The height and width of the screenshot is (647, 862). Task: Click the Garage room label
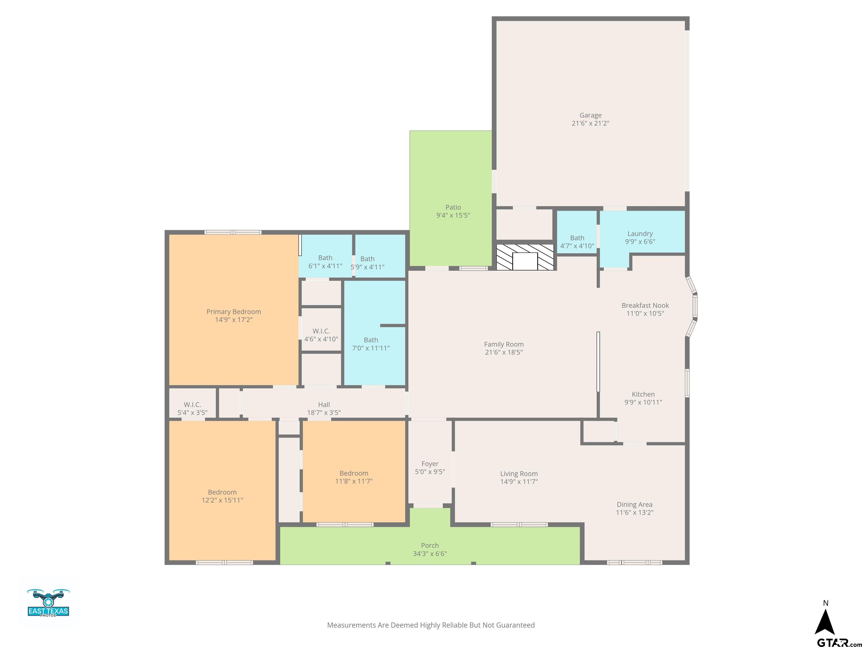[x=590, y=115]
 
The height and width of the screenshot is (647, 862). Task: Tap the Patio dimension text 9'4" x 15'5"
[x=453, y=215]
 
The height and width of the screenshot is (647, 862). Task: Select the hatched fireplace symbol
[x=525, y=258]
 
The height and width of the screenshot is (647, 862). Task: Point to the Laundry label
[x=640, y=234]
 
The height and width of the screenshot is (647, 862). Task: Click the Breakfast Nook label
[x=645, y=305]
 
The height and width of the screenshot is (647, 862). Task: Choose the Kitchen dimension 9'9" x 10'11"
[x=643, y=402]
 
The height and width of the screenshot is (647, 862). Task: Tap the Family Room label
[x=503, y=344]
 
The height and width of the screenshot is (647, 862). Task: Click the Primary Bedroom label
[x=233, y=312]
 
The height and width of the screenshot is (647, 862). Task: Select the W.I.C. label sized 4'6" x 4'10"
[x=321, y=331]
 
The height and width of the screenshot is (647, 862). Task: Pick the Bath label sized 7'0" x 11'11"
[x=371, y=340]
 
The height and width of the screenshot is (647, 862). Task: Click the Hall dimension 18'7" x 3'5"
[x=324, y=413]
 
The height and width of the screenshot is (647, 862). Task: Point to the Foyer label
[x=430, y=464]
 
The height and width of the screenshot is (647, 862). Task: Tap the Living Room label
[x=519, y=474]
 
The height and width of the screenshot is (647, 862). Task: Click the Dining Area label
[x=634, y=505]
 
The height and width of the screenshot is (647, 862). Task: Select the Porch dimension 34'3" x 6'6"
[x=429, y=553]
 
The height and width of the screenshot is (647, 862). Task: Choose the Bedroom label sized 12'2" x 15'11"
[x=222, y=492]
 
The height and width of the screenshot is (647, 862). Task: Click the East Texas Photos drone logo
[x=48, y=603]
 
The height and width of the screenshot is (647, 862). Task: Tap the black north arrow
[x=825, y=623]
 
